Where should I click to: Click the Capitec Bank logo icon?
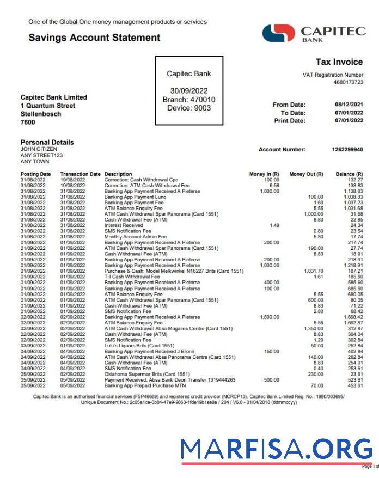click(x=278, y=33)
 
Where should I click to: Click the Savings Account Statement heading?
click(x=94, y=38)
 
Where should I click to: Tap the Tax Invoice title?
click(x=339, y=62)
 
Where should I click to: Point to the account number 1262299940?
click(x=347, y=149)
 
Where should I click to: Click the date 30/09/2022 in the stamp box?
click(x=189, y=91)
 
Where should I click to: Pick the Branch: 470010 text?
click(x=189, y=100)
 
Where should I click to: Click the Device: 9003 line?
click(x=189, y=108)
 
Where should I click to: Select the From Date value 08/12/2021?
click(x=349, y=105)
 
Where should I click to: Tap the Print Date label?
click(x=290, y=121)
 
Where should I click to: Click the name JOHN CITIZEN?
click(x=39, y=149)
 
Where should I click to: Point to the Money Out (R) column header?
click(x=306, y=174)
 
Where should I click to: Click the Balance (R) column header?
click(x=349, y=174)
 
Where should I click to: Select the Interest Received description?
click(x=124, y=225)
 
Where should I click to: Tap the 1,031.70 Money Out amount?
click(x=313, y=271)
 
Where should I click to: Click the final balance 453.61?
click(x=356, y=385)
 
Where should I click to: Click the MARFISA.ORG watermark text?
click(x=276, y=449)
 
